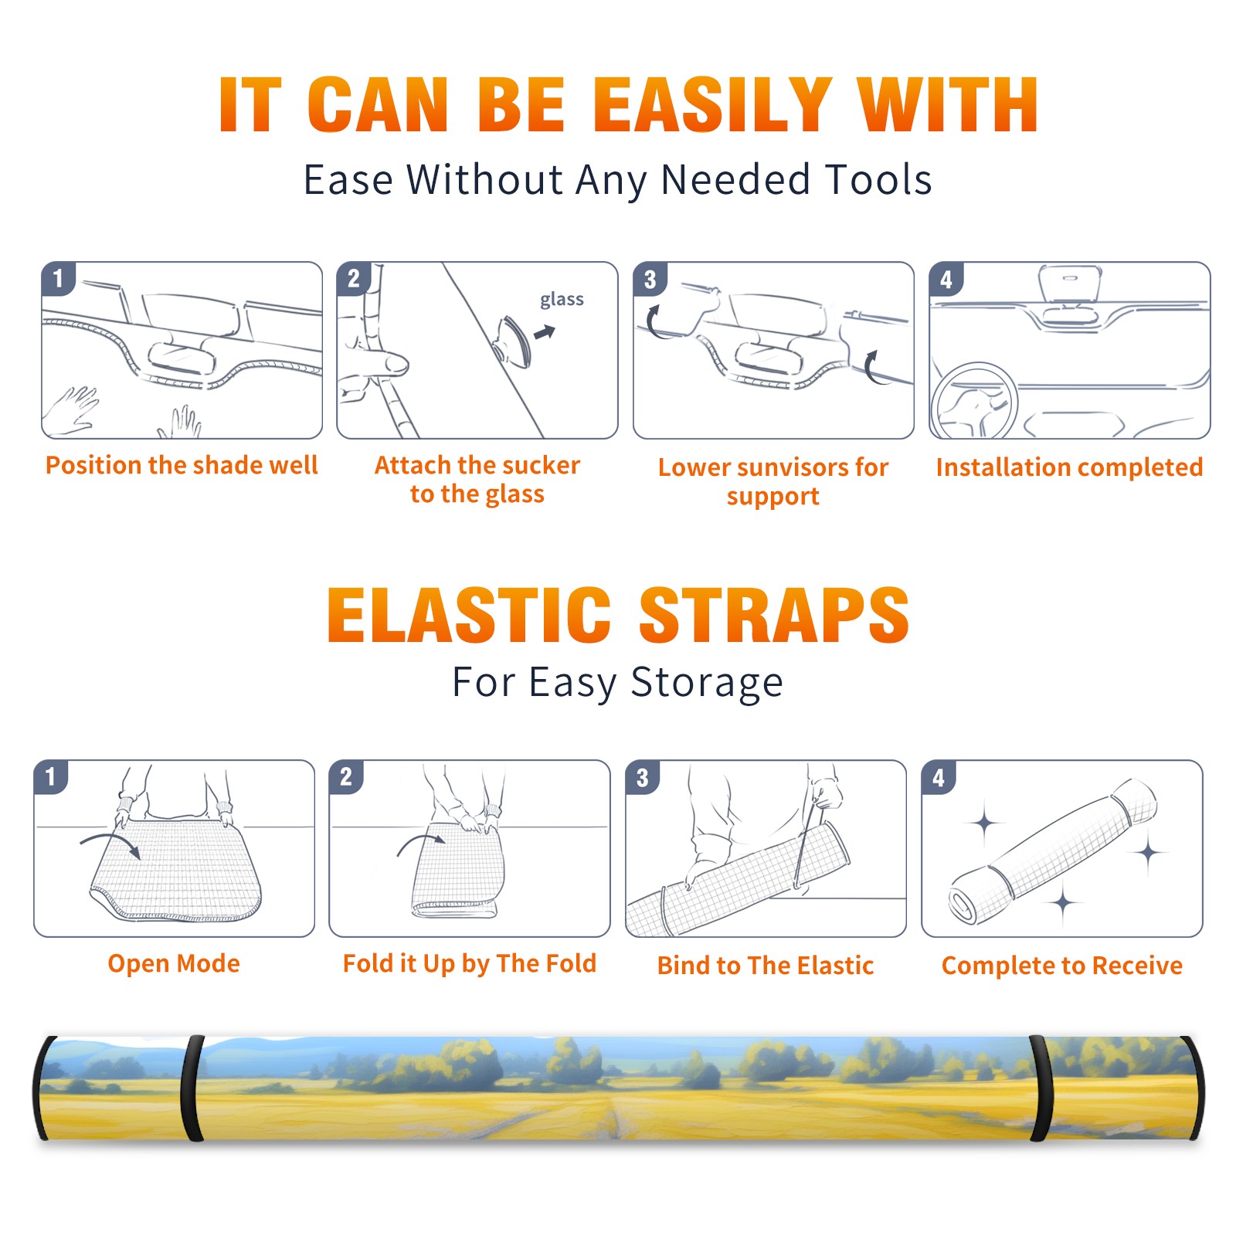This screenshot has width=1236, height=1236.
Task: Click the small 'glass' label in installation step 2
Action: point(562,300)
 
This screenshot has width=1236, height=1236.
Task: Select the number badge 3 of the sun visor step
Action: point(650,279)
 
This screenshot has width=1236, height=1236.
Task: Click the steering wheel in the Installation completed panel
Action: point(973,402)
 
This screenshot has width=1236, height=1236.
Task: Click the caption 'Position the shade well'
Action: point(182,465)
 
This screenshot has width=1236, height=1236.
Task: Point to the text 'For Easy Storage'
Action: point(618,682)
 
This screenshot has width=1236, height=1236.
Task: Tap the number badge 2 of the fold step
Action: point(346,776)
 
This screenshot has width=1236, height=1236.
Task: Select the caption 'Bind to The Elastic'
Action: point(766,965)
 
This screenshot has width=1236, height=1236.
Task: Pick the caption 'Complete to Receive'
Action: point(1062,966)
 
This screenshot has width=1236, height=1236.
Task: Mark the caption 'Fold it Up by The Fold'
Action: point(470,963)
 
